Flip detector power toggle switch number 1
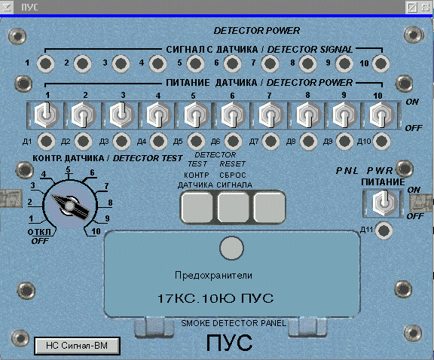coord(46,114)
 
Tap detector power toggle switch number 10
coord(382,114)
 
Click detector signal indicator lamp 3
coord(121,63)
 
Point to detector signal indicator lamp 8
coord(307,63)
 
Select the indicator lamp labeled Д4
coord(158,141)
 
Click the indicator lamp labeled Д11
coord(384,230)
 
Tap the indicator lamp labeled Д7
coord(270,141)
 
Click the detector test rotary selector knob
coord(70,206)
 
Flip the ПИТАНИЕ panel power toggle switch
coord(384,203)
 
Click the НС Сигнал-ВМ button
coord(77,346)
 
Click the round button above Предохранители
coord(231,249)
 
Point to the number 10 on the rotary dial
coord(96,231)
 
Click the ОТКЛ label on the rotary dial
coord(39,232)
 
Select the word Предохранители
coord(213,276)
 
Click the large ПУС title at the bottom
coord(230,343)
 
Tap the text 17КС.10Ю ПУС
coord(215,298)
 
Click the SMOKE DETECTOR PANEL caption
coord(234,323)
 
